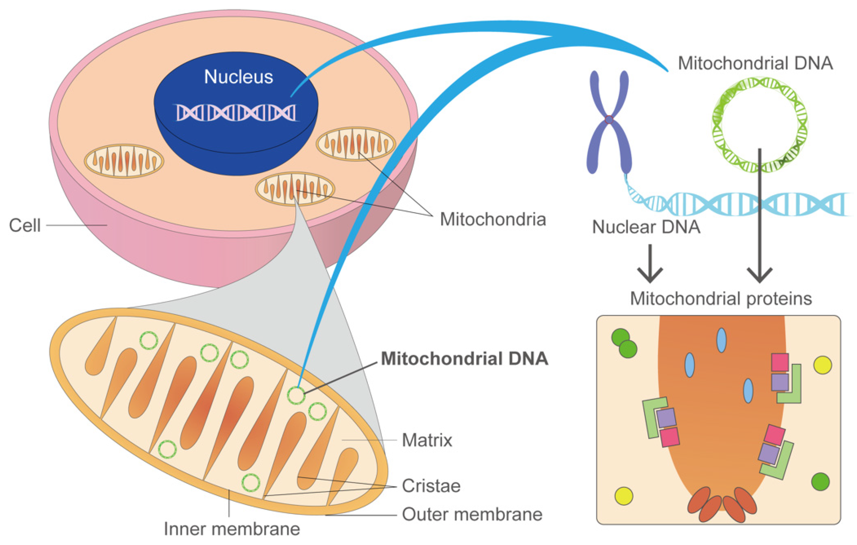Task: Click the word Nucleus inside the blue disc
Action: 239,77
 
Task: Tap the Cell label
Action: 25,226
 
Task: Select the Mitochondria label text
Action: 493,219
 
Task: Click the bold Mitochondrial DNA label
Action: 464,359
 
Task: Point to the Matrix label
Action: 427,441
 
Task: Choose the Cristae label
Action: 431,486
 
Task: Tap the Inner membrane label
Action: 232,529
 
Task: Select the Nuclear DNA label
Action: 646,227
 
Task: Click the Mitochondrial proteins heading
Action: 721,299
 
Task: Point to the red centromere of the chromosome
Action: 609,120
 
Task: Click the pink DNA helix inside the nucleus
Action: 236,113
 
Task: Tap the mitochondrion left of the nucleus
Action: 124,161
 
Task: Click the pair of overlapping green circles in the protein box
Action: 624,343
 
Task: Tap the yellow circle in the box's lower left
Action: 624,496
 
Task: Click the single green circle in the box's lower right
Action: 820,482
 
